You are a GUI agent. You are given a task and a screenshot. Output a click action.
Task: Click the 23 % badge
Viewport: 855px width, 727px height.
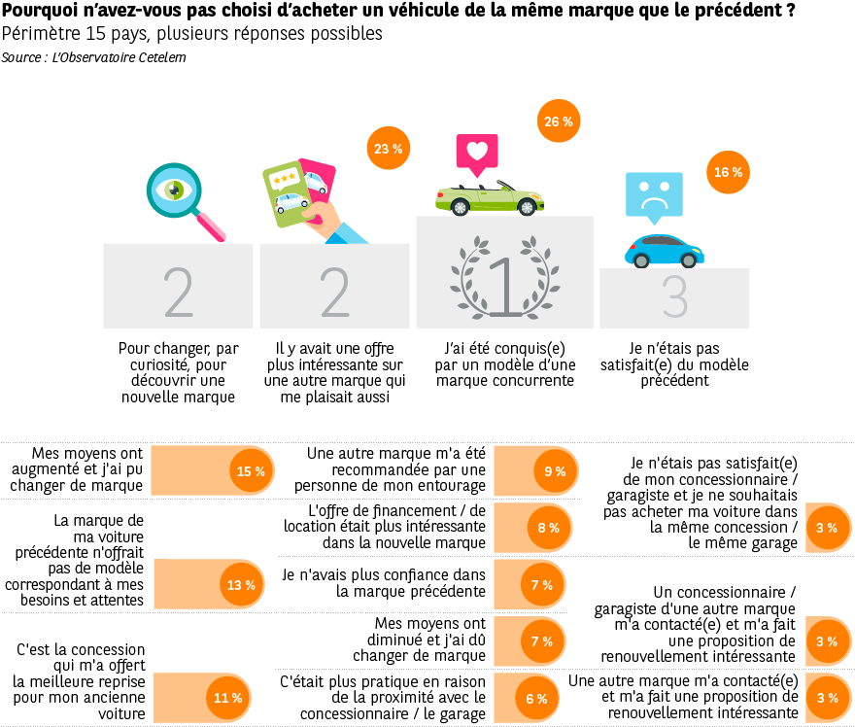pos(388,149)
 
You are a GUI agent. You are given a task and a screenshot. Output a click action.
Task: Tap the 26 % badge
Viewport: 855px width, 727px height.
pos(559,121)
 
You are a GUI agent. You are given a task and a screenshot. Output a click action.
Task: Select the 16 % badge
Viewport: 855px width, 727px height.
pos(728,172)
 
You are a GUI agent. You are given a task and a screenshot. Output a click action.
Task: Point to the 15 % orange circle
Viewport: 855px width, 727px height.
pos(251,471)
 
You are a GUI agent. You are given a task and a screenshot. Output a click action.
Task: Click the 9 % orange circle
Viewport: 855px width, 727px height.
pos(555,471)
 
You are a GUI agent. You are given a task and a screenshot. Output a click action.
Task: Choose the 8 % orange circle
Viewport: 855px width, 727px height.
pos(549,528)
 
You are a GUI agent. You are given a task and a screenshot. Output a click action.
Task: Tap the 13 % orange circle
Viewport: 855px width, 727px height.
pos(241,585)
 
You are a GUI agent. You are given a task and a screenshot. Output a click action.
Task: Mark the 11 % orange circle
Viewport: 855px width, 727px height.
pos(227,698)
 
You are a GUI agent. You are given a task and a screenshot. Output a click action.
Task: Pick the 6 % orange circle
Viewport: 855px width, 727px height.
pos(536,698)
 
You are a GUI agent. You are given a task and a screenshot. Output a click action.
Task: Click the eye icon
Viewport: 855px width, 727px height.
pos(174,190)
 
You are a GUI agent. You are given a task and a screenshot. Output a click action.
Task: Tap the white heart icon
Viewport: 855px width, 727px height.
pos(477,151)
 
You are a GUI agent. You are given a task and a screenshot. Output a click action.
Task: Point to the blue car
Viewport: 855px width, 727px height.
pos(662,252)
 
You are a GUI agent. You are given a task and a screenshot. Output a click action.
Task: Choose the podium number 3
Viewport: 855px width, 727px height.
pos(674,297)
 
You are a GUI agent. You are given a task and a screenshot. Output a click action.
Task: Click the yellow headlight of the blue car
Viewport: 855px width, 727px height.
pos(696,250)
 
